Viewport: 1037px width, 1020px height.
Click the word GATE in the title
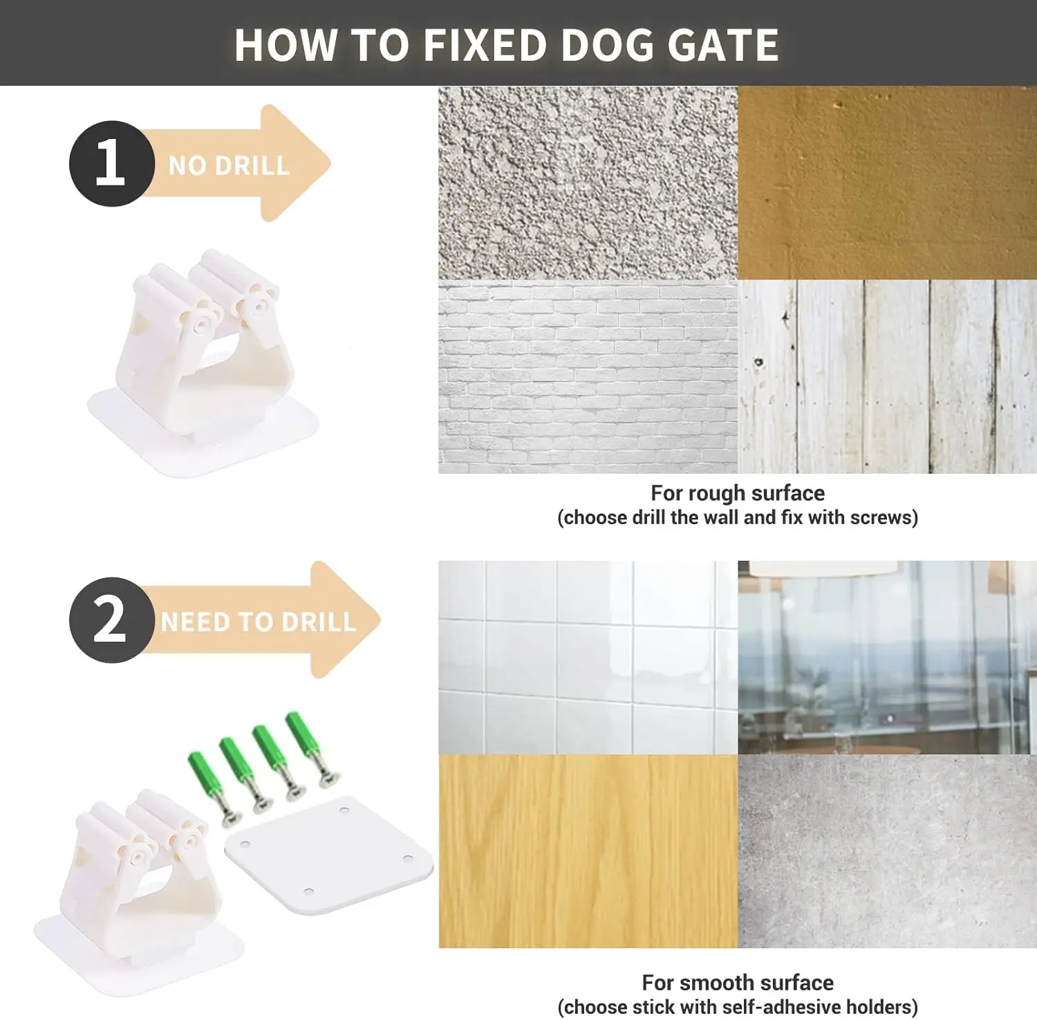pos(723,45)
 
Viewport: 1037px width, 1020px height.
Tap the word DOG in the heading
pos(608,45)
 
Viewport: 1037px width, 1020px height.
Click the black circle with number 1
pos(111,163)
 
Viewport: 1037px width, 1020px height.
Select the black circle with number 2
pos(111,620)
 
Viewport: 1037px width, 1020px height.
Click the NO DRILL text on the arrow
pos(229,166)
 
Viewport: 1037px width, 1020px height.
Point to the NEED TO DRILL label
pos(259,622)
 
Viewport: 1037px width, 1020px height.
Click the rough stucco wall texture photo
pos(588,183)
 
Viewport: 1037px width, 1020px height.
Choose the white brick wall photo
pos(588,377)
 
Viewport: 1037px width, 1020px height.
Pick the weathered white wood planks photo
pos(888,377)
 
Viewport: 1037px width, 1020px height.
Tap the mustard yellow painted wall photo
pos(888,183)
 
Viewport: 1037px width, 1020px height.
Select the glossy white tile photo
pos(588,657)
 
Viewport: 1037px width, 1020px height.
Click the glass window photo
pos(888,657)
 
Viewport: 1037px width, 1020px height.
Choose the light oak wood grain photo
pos(588,851)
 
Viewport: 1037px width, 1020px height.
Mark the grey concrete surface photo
pos(888,851)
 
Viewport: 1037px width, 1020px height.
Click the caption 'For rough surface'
pos(738,493)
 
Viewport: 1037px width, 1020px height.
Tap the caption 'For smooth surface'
pos(738,983)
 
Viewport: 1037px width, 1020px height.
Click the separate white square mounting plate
pos(329,855)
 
